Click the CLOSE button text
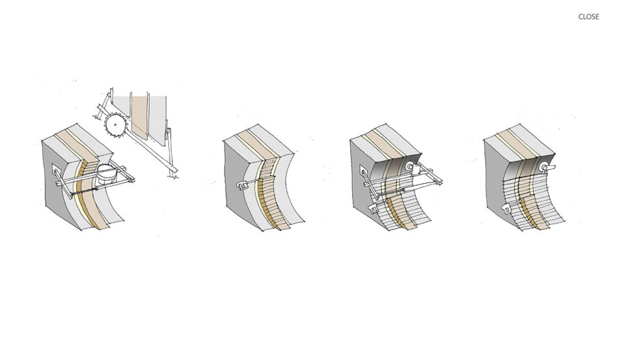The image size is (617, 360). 588,16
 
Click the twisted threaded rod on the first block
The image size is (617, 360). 84,191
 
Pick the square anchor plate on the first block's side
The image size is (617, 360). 57,171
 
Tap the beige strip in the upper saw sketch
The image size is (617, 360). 140,118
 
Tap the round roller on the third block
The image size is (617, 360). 409,166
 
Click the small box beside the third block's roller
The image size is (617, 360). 416,171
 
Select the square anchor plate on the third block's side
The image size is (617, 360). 363,171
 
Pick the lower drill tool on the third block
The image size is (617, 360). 372,208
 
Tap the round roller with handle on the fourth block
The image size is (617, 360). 547,167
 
